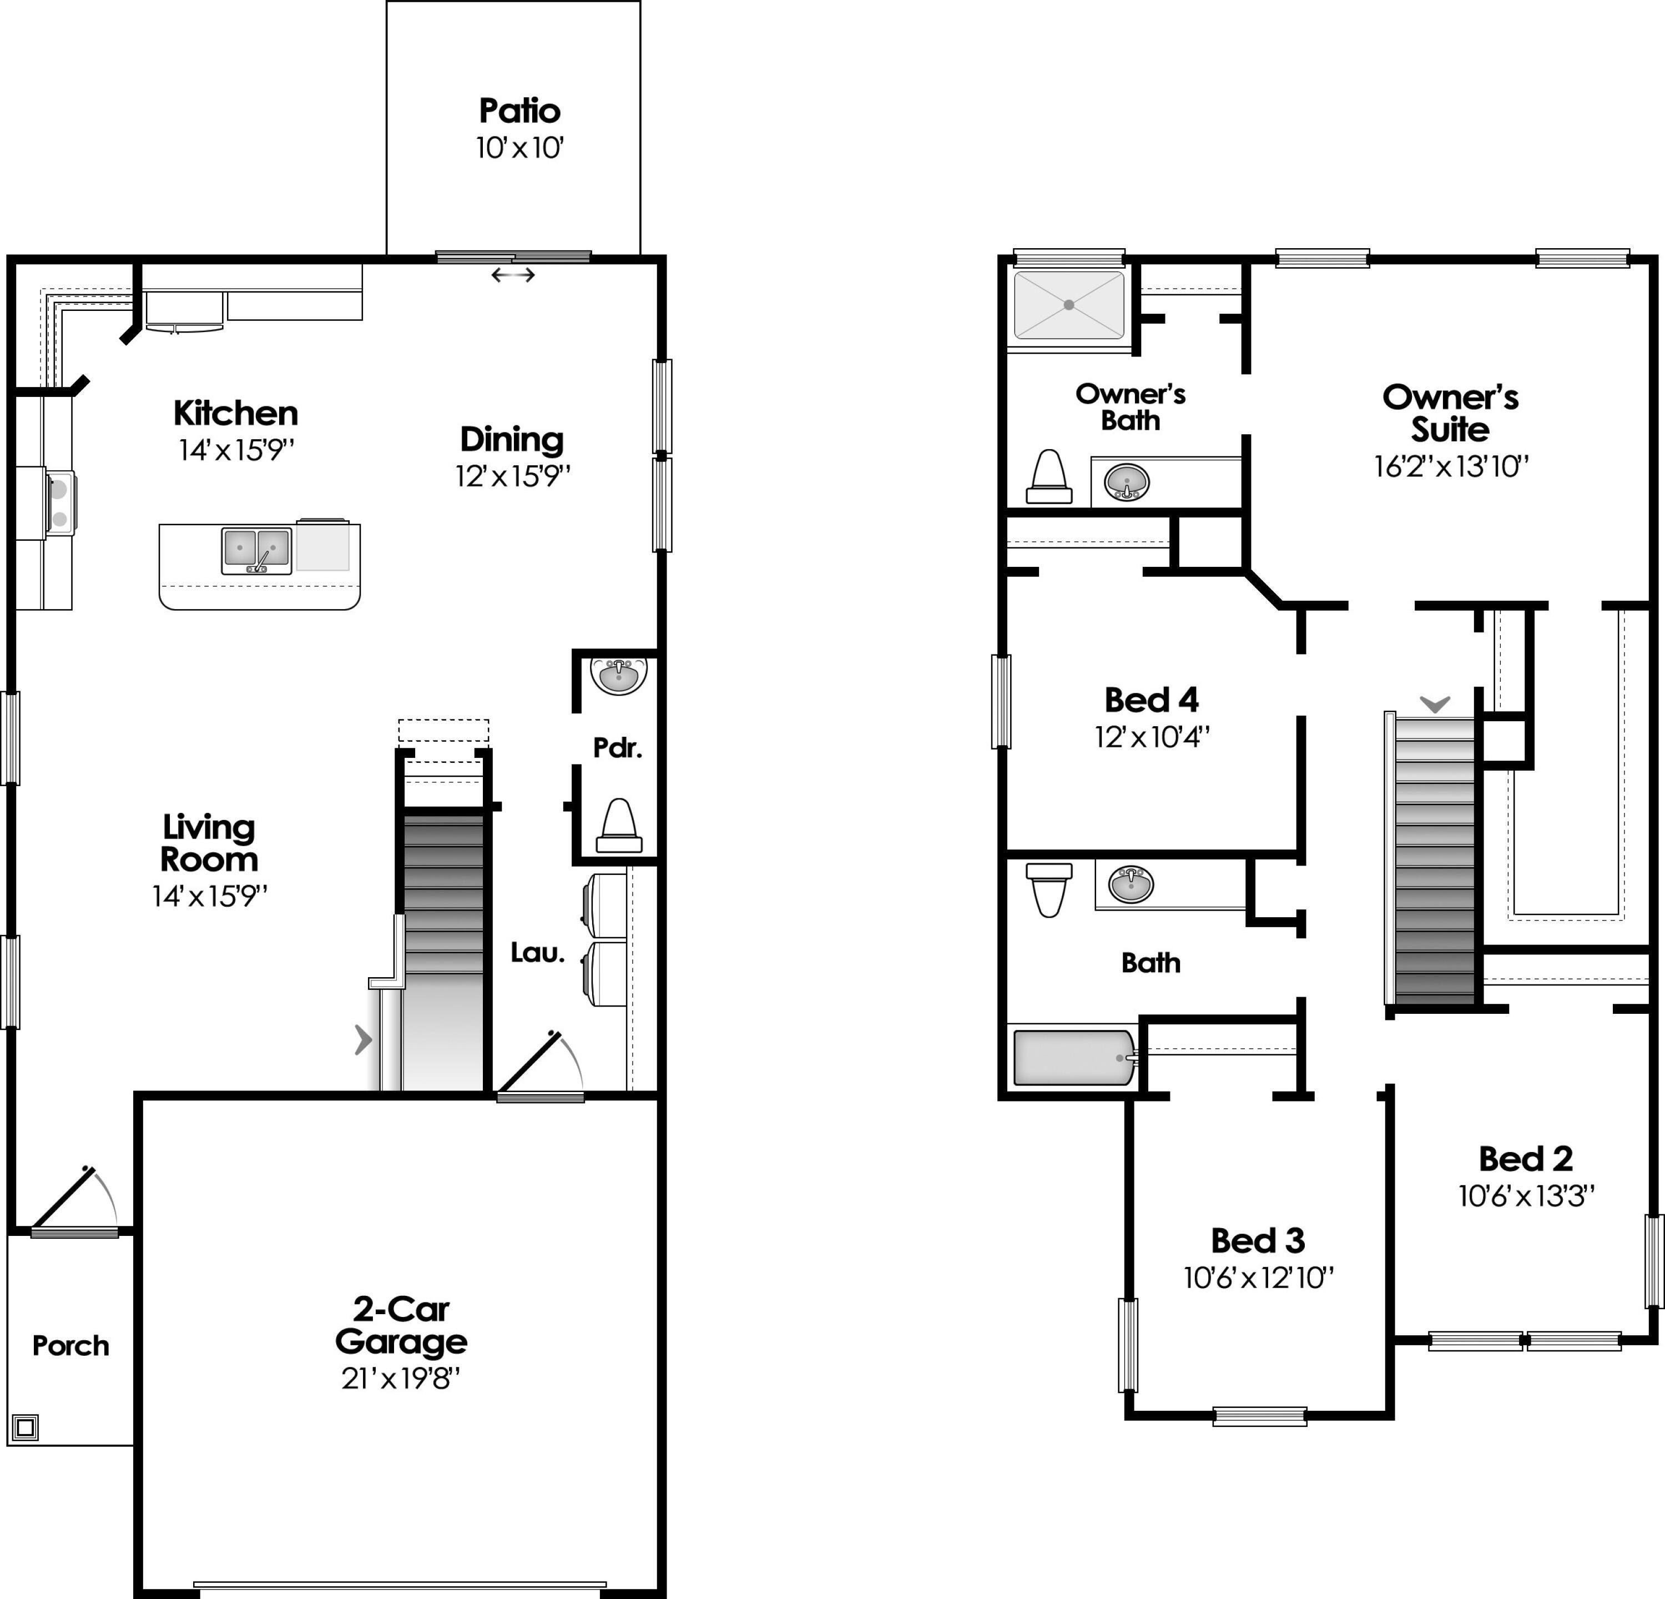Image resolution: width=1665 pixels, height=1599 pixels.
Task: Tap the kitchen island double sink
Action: click(256, 550)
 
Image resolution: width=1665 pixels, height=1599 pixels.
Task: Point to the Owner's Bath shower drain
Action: click(1069, 304)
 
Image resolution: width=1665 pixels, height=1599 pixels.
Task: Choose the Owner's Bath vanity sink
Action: click(1127, 482)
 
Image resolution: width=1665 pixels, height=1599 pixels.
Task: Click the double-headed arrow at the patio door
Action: click(513, 274)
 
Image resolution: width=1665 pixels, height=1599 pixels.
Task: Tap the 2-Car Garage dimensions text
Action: click(401, 1378)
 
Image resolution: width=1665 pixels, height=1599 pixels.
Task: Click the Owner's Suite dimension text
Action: click(1451, 466)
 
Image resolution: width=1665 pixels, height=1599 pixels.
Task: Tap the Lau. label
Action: click(538, 952)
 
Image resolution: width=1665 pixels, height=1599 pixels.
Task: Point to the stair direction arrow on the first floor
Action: click(364, 1039)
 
